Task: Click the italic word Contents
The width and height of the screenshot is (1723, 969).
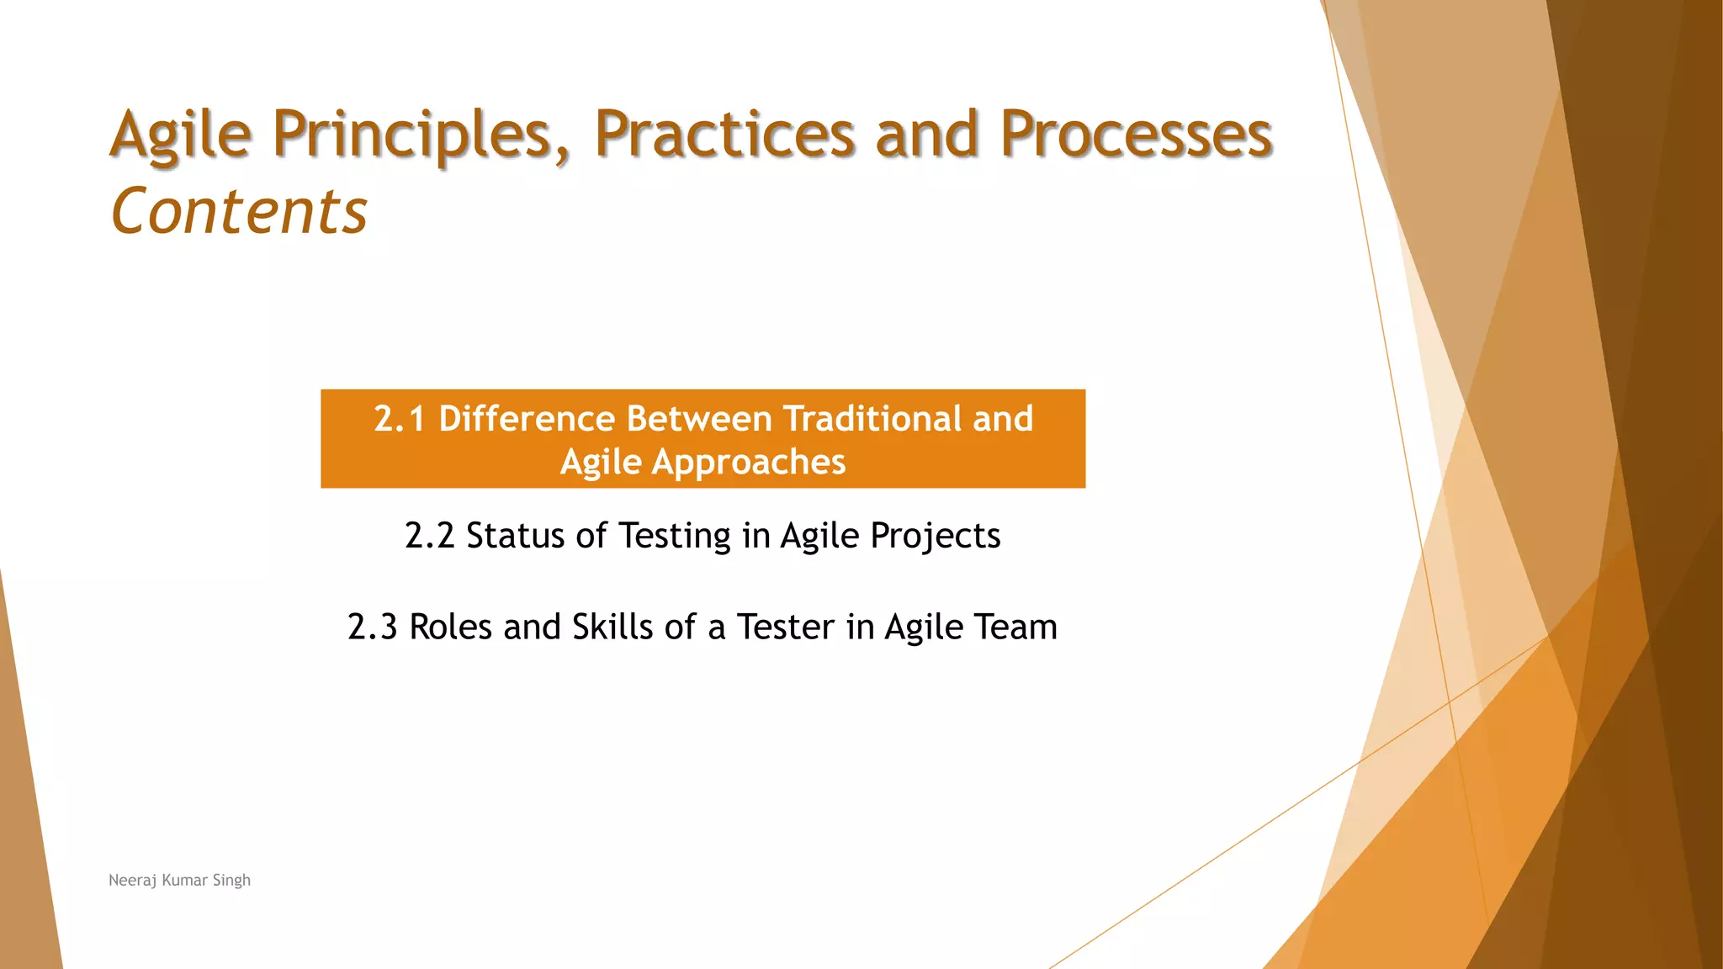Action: pyautogui.click(x=239, y=211)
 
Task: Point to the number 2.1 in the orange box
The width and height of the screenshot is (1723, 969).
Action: pyautogui.click(x=399, y=419)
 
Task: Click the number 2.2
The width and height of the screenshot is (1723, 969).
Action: pyautogui.click(x=429, y=536)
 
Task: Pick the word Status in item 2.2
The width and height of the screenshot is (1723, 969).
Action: pyautogui.click(x=515, y=536)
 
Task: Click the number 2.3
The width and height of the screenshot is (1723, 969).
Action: pyautogui.click(x=372, y=627)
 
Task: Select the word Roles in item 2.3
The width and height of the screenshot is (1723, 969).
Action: pyautogui.click(x=450, y=627)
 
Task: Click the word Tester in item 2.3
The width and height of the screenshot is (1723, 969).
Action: pyautogui.click(x=786, y=627)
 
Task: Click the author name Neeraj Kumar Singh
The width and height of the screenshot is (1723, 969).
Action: pyautogui.click(x=179, y=880)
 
